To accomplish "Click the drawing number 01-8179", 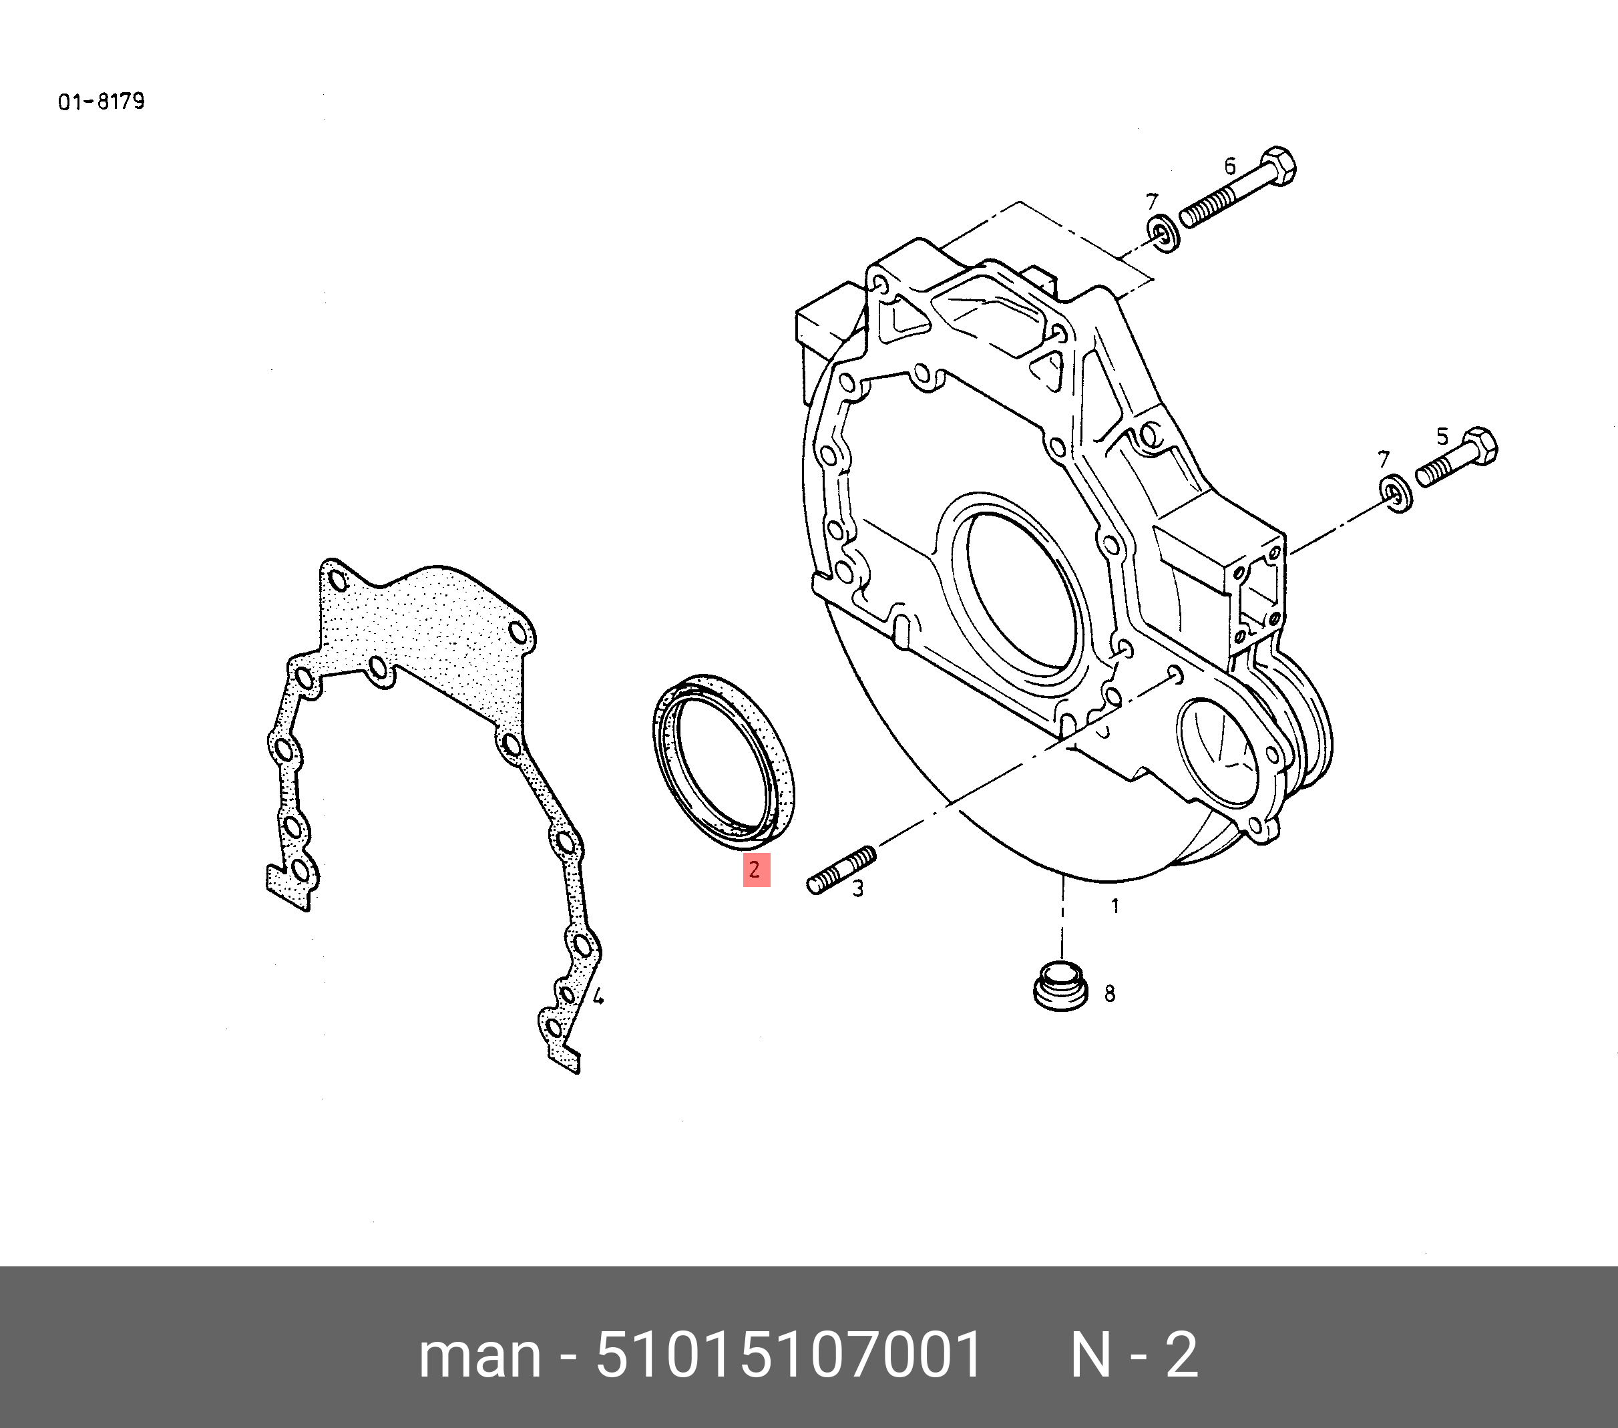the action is (x=102, y=102).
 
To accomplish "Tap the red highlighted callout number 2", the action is (x=755, y=870).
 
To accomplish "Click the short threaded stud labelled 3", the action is (x=841, y=870).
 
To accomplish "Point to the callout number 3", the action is (x=857, y=889).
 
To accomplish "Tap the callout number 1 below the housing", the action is (x=1115, y=906).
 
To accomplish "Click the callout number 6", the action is (x=1229, y=166).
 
